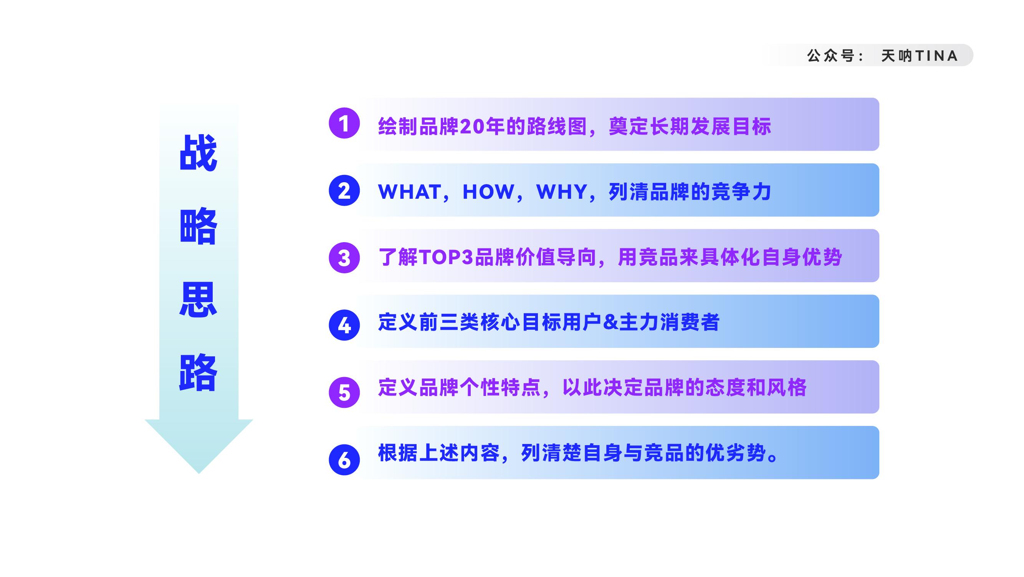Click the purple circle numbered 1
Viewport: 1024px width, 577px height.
pos(344,123)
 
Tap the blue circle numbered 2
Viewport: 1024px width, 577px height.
pos(344,191)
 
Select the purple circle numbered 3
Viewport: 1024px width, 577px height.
pos(344,258)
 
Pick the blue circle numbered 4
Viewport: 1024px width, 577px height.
pos(344,325)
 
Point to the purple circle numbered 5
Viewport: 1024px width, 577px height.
pos(344,392)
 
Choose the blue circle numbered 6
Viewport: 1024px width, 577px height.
pos(344,460)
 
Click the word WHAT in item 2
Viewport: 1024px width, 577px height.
pos(410,192)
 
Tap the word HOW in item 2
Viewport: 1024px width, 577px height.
pos(488,192)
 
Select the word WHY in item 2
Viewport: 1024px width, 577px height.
pos(562,192)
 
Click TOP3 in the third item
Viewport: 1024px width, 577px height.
pos(446,257)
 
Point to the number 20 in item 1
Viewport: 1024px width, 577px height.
pos(472,126)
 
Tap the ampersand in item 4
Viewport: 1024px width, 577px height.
pos(611,322)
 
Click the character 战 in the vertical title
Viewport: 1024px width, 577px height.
pos(199,152)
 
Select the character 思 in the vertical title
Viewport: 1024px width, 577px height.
pos(199,299)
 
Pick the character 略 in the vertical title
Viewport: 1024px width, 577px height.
pos(199,226)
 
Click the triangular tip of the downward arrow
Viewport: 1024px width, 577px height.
pos(199,473)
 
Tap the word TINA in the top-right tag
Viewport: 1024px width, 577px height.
pos(936,56)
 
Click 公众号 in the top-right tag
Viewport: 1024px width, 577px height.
pos(830,56)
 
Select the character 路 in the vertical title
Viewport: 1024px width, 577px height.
pos(199,372)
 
